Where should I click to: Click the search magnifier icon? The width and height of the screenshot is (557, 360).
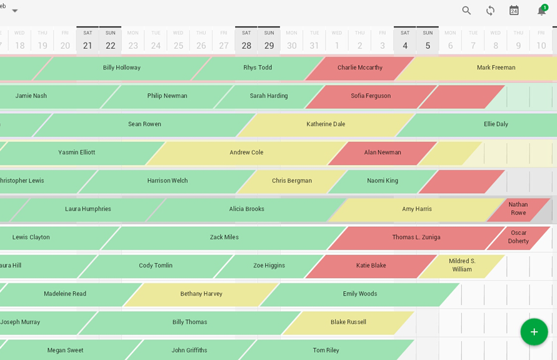point(466,10)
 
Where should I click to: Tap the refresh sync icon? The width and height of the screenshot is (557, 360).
point(490,10)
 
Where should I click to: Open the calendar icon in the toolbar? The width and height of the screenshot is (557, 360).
point(514,10)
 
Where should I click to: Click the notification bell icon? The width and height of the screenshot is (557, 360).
point(541,10)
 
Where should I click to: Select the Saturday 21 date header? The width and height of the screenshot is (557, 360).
point(88,41)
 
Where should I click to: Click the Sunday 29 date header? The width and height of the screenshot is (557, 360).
point(269,41)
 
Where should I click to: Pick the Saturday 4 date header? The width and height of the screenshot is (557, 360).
point(405,41)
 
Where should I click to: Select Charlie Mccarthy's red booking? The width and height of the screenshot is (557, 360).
point(360,68)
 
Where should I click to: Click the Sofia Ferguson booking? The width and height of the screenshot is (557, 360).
point(371,96)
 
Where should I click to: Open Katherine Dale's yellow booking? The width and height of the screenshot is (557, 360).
point(326,124)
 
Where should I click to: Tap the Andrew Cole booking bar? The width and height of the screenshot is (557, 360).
point(246,152)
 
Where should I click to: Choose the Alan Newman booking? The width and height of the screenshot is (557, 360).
point(383,152)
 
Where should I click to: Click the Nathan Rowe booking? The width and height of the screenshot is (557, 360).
point(518,209)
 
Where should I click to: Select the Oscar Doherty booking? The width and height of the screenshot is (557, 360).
point(518,237)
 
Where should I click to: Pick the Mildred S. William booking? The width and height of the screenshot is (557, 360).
point(462,266)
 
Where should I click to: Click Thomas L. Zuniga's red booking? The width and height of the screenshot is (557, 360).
point(416,237)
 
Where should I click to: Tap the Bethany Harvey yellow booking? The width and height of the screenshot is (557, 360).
point(201,294)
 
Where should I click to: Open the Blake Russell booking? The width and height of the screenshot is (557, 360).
point(348,322)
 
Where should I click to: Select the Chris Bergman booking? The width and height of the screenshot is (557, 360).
point(292,181)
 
